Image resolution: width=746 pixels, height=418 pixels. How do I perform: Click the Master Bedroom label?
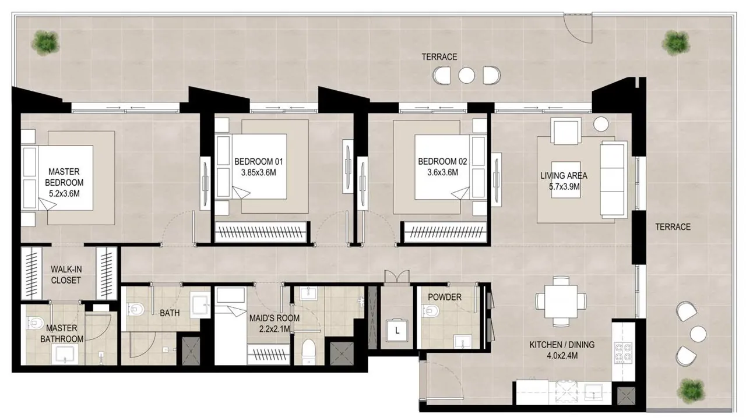64,177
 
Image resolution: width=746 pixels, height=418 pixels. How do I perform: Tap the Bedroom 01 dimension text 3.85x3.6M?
258,173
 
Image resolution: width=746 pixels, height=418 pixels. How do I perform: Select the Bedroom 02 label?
442,161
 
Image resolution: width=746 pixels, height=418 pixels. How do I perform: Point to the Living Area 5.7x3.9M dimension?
564,186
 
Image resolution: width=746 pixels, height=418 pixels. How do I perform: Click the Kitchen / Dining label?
562,345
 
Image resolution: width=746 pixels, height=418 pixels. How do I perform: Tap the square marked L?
397,331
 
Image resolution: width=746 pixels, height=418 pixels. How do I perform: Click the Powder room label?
445,297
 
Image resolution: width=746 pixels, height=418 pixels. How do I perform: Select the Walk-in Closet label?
66,275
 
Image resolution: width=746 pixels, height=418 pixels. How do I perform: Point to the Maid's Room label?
275,318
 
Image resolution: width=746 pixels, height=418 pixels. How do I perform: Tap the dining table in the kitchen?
561,301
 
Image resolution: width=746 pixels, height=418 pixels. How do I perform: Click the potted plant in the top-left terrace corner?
45,43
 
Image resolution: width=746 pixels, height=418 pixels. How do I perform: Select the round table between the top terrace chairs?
466,76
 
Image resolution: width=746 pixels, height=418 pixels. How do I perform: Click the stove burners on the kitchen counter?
623,352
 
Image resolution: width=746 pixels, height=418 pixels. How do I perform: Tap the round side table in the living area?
601,125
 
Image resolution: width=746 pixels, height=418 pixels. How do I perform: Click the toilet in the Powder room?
430,311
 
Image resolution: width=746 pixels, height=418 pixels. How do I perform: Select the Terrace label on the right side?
673,227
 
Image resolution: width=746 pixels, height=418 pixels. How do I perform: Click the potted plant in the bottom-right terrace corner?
691,391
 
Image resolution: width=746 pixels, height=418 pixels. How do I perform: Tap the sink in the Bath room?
200,304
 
